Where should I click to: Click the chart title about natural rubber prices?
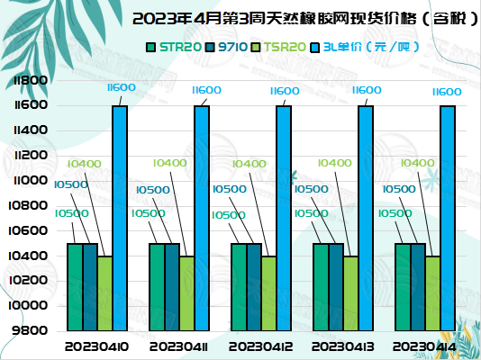(x=305, y=19)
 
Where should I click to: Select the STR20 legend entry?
(x=174, y=47)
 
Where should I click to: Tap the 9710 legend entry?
(x=226, y=47)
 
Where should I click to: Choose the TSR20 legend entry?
(x=278, y=47)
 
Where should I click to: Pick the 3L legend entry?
(x=365, y=47)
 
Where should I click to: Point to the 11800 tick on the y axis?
(x=31, y=81)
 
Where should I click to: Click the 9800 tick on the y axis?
(x=30, y=330)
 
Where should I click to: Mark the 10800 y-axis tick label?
(x=28, y=205)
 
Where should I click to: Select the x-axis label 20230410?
(x=96, y=346)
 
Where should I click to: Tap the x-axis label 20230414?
(x=424, y=346)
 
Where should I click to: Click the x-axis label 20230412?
(x=260, y=346)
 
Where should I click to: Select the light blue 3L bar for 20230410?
(x=120, y=218)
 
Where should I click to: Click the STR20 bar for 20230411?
(x=157, y=287)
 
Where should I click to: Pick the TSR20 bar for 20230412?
(x=269, y=293)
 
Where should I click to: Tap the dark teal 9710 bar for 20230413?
(x=336, y=287)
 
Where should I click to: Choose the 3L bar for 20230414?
(x=448, y=218)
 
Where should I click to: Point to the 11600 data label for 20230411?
(x=206, y=90)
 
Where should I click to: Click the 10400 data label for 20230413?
(x=335, y=163)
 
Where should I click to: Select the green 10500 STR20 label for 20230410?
(x=72, y=213)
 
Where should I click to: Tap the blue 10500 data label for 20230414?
(x=399, y=189)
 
